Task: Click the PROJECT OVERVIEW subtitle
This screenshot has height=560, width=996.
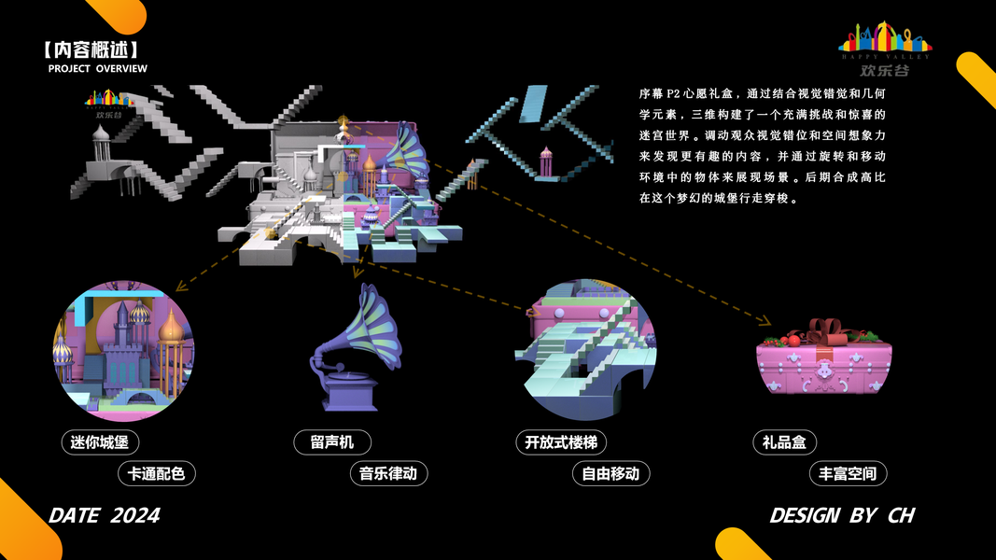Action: coord(98,69)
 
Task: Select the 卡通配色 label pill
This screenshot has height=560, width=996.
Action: coord(157,473)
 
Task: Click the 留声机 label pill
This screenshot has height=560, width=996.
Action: coord(333,442)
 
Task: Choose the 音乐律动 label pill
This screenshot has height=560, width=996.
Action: coord(388,473)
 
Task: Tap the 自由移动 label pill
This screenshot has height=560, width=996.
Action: coord(610,473)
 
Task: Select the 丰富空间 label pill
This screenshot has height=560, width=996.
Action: coord(848,473)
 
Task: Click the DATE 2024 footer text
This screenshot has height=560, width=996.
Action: coord(105,515)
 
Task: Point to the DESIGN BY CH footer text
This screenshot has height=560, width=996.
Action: coord(841,515)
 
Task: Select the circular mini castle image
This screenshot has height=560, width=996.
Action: coord(123,351)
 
